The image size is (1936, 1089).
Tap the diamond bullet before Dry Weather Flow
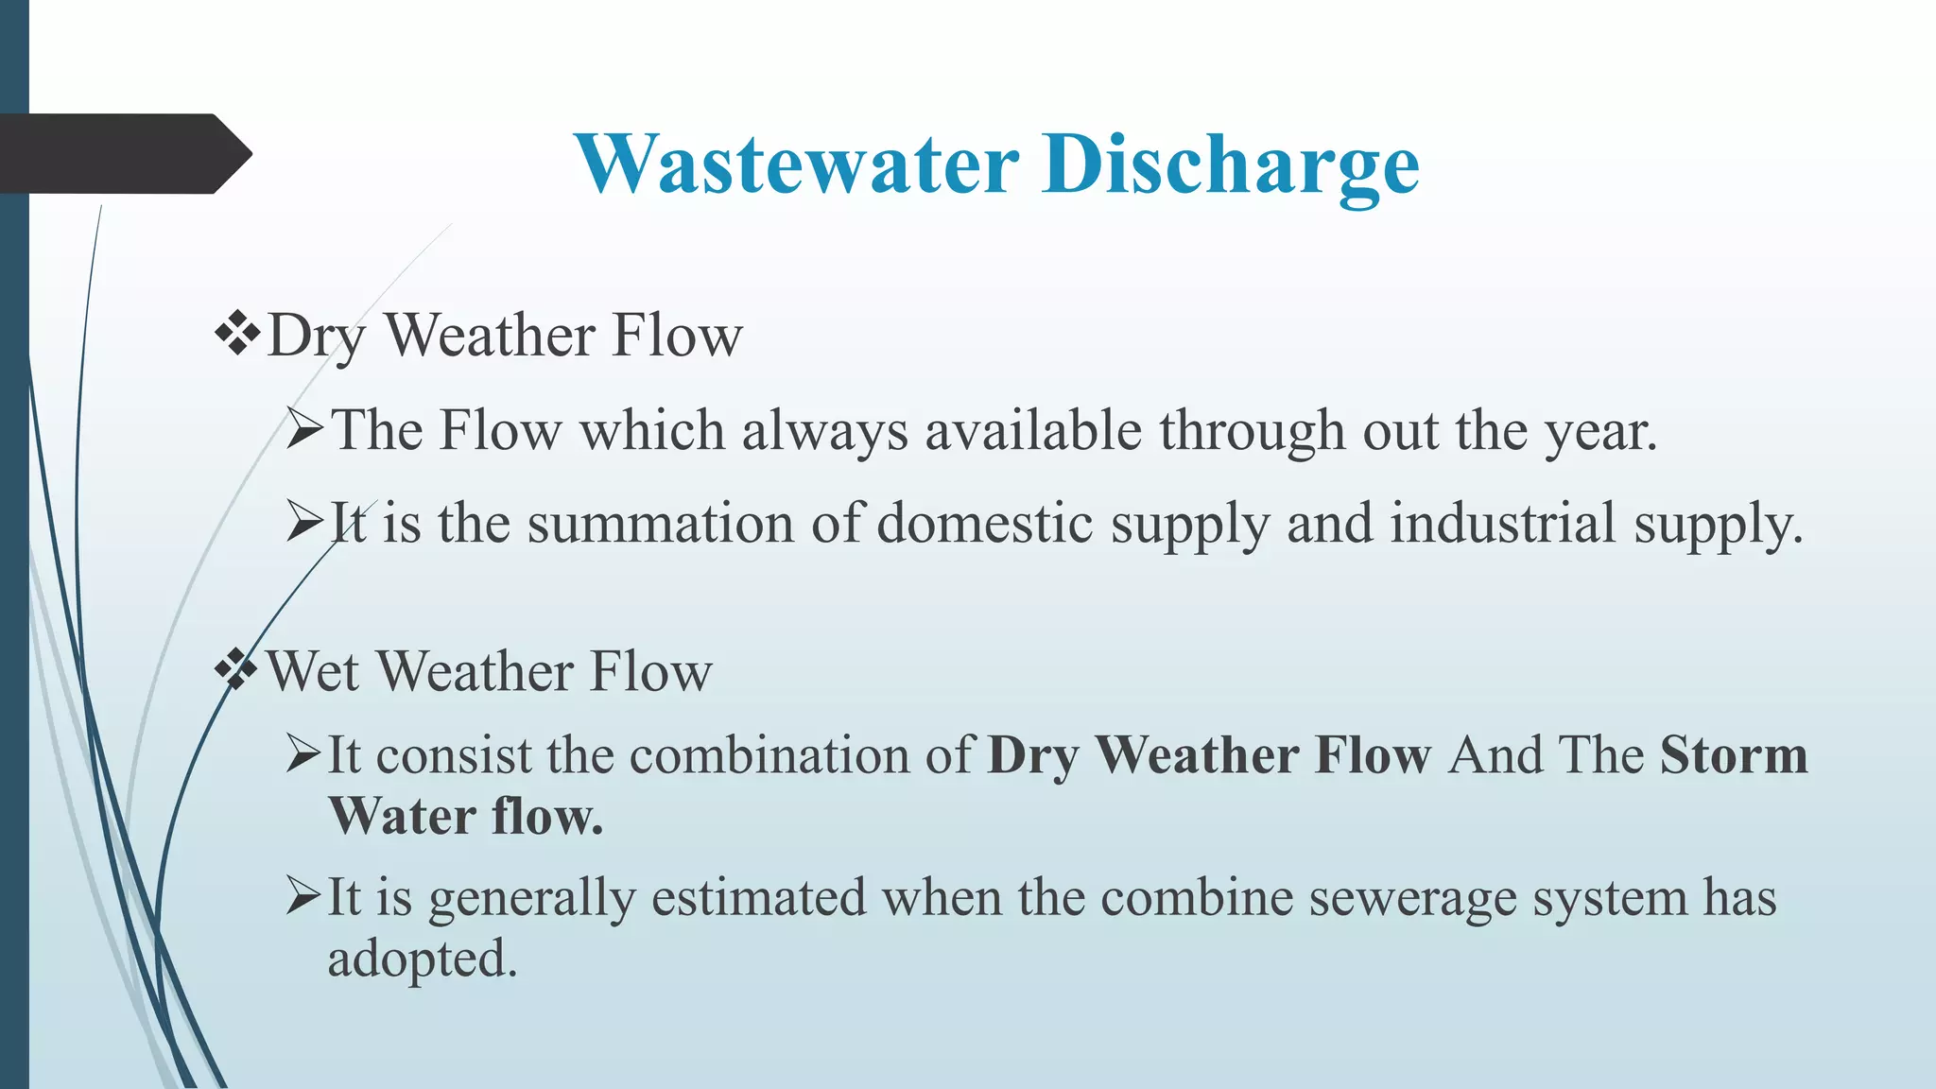tap(237, 335)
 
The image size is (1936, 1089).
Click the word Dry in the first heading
tap(316, 337)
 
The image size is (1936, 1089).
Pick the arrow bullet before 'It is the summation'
tap(304, 522)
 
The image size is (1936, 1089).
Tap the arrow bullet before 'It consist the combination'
tap(303, 754)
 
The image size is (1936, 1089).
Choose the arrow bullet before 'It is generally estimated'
tap(303, 895)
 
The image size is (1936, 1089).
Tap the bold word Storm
tap(1733, 755)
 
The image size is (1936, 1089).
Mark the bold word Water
tap(402, 816)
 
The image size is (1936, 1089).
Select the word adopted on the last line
tap(422, 959)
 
